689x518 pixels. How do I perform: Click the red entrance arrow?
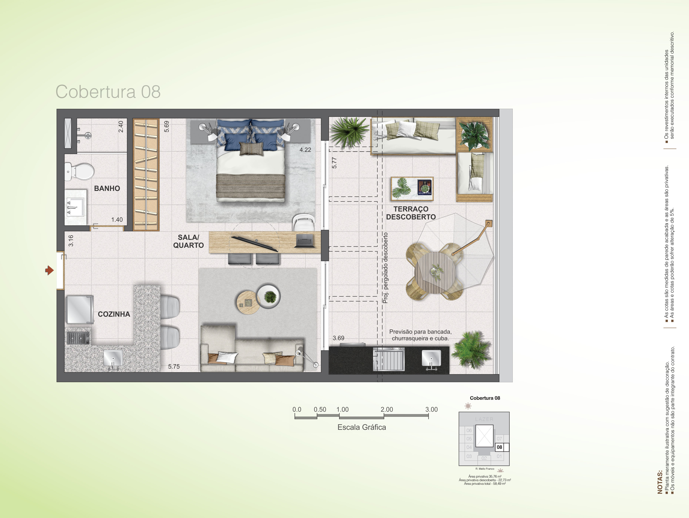49,270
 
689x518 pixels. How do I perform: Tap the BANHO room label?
107,188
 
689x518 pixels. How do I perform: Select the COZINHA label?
114,314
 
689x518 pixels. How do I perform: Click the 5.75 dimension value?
174,367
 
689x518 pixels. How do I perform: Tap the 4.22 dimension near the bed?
305,150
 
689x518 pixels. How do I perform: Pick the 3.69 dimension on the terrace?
339,338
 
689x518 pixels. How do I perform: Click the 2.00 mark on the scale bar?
387,409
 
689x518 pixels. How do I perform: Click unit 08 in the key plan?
499,447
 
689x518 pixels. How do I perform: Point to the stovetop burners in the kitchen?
79,337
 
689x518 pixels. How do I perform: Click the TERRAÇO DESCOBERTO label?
411,213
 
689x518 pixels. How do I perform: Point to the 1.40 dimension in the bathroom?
117,219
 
